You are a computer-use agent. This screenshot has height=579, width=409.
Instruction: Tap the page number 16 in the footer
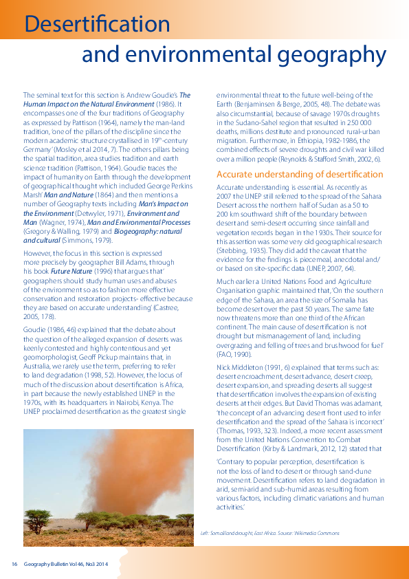click(x=14, y=565)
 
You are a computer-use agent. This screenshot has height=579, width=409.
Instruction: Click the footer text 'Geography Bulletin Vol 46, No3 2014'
click(x=66, y=565)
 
